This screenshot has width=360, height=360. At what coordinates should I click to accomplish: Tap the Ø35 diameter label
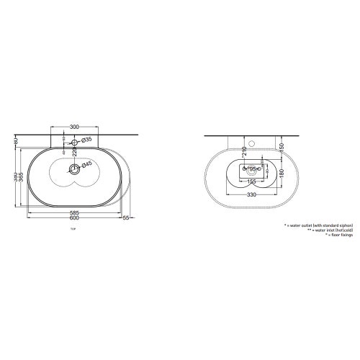coord(86,139)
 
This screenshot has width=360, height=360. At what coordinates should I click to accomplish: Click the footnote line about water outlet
coord(318,225)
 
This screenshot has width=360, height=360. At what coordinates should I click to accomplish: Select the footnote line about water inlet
coord(322,230)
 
